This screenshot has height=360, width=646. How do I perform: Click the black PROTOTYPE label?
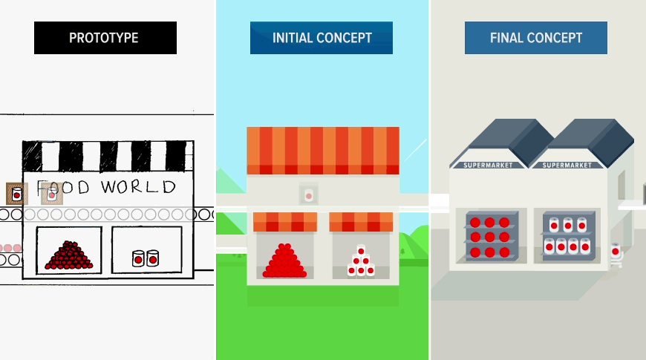pos(105,38)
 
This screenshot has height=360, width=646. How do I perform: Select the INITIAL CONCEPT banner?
pos(322,38)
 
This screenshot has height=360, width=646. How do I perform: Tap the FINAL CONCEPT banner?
pos(535,38)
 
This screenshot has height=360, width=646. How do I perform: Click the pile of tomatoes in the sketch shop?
pos(69,255)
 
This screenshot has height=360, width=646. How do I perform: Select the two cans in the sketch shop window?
pos(146,258)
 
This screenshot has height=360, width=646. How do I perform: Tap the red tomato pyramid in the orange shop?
pos(284,261)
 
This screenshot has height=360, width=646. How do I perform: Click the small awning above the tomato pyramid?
pos(285,221)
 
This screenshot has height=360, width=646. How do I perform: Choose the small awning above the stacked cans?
pos(361,221)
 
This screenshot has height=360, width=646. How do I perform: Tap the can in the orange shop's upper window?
pos(308,195)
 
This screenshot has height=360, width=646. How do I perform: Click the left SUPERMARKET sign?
pos(488,165)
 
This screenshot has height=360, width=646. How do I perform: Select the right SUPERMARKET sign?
pos(568,165)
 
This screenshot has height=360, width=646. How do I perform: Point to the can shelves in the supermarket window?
pos(567,235)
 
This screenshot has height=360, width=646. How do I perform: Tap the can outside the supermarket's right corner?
pos(615,252)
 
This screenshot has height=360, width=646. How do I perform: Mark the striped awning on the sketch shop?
pos(108,156)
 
